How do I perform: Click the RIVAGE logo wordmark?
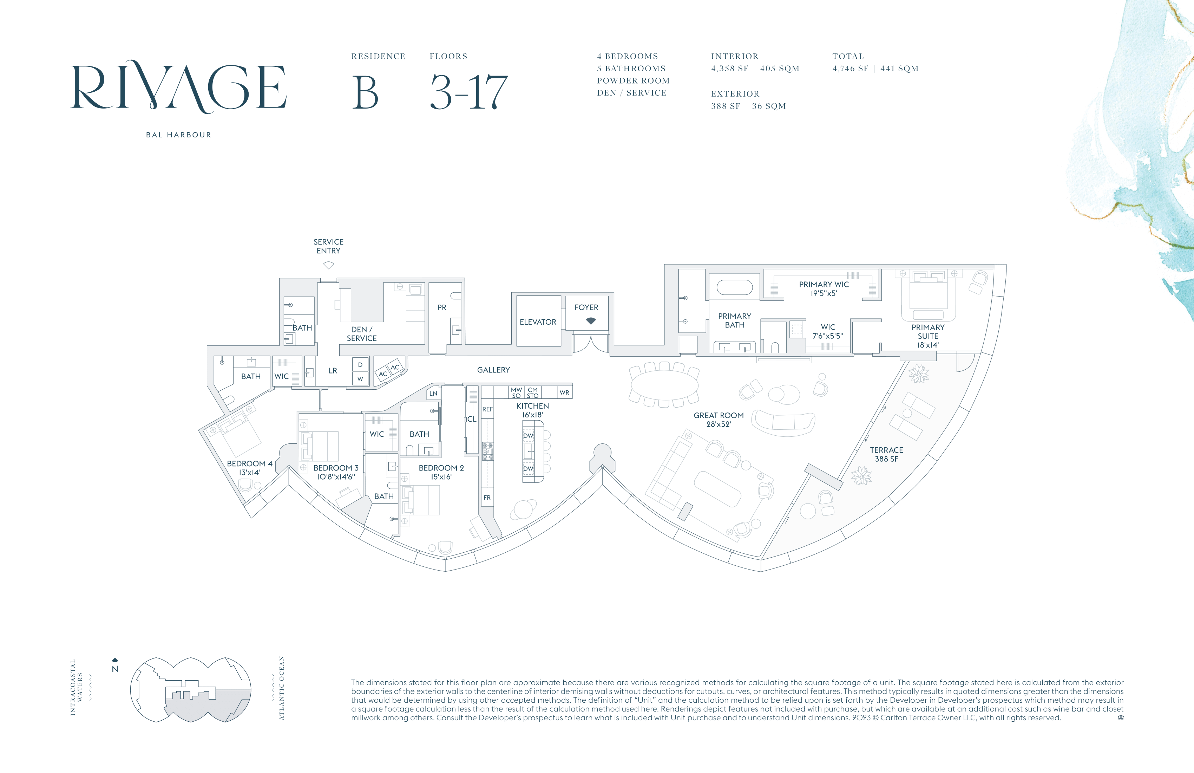click(179, 86)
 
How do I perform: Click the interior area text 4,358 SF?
click(729, 69)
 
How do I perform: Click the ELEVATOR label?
click(538, 322)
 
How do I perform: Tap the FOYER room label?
click(586, 307)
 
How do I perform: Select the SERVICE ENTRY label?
click(329, 246)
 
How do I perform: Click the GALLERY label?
click(494, 370)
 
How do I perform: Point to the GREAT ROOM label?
click(719, 420)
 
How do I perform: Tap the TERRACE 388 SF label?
click(886, 454)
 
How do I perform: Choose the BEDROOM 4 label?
click(250, 468)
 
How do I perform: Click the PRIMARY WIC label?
click(824, 288)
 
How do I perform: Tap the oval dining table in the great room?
click(664, 385)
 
